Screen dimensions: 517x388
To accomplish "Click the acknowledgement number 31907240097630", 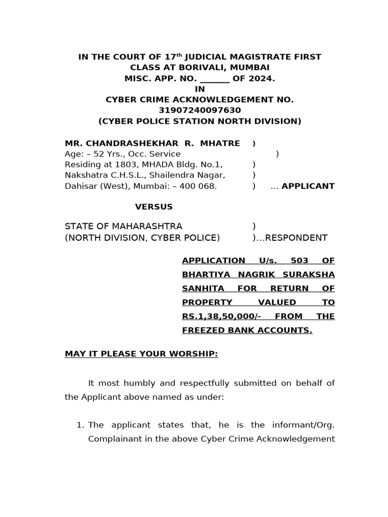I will [200, 111].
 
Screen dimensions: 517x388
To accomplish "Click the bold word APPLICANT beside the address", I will [308, 186].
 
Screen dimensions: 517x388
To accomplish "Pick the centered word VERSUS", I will [154, 207].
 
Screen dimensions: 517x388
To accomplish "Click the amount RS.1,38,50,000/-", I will [221, 317].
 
